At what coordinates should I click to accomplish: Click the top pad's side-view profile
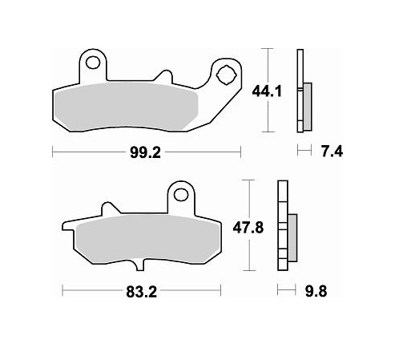[x=301, y=90]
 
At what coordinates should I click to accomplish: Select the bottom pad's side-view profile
[x=283, y=226]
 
